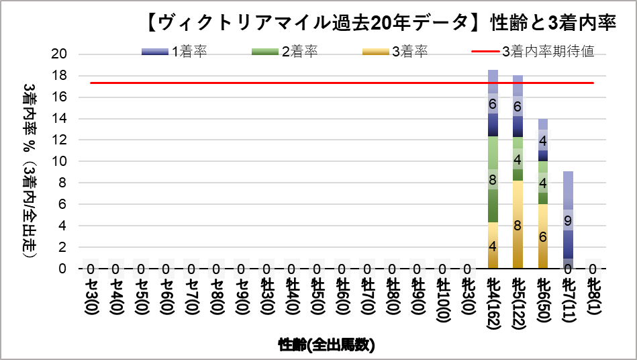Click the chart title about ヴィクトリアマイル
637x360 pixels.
pos(381,23)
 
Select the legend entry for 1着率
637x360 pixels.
pos(175,52)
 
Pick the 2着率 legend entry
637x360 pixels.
pos(285,52)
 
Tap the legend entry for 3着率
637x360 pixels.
pos(395,52)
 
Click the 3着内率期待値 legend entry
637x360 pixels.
pos(532,52)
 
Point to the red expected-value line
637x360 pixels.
pos(342,83)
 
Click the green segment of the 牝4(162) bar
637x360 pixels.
pos(493,179)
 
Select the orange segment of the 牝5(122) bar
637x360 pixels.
pos(518,224)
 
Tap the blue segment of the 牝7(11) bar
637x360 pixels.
pos(568,220)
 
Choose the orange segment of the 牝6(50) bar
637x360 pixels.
pos(543,236)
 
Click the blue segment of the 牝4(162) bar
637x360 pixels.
pos(493,103)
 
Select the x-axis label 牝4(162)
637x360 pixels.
pos(493,303)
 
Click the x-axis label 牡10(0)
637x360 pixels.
pos(442,300)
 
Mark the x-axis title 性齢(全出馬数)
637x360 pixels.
pos(327,345)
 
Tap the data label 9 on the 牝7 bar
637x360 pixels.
pos(568,220)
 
